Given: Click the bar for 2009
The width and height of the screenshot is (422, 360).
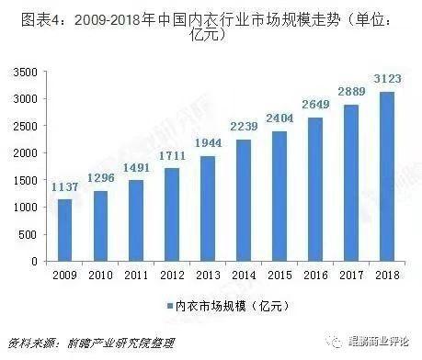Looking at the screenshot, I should pyautogui.click(x=63, y=230).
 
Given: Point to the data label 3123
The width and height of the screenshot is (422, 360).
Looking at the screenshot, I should pyautogui.click(x=386, y=84).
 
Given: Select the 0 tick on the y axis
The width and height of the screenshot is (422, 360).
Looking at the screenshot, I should pyautogui.click(x=34, y=261).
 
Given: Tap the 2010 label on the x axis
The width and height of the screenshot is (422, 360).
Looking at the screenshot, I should pyautogui.click(x=99, y=274).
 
